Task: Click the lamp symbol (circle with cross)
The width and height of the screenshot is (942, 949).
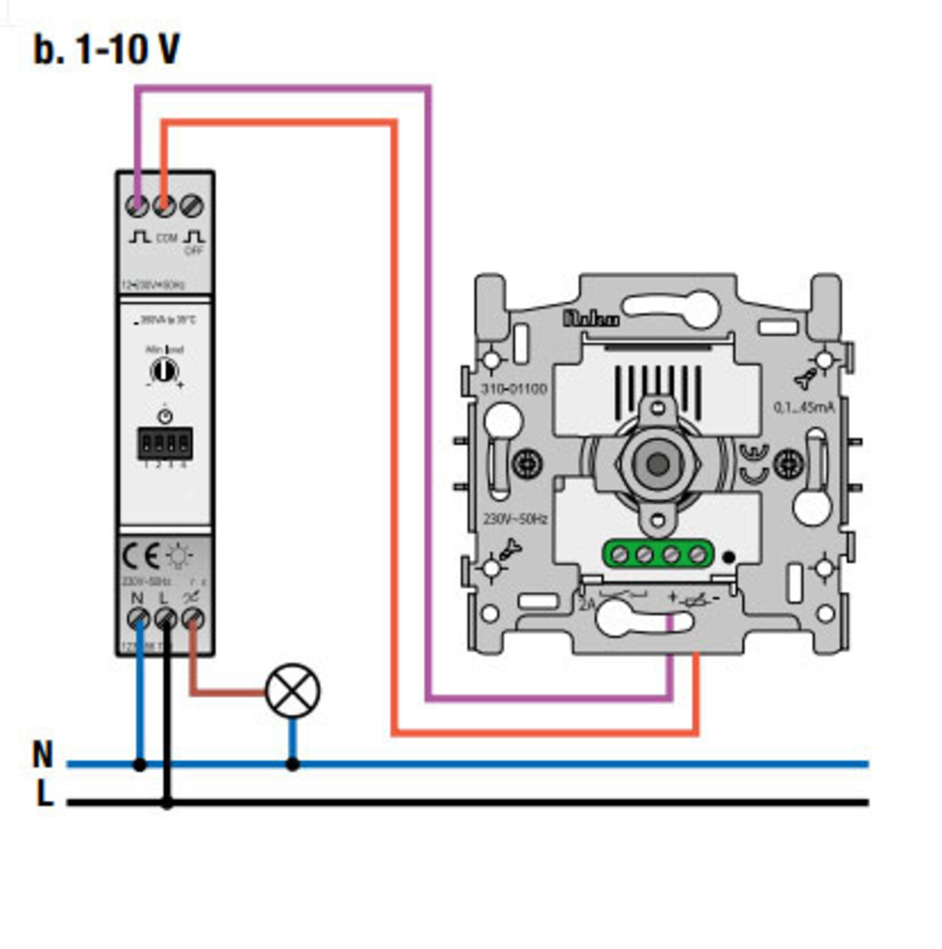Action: pyautogui.click(x=293, y=690)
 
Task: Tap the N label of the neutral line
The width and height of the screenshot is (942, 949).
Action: pyautogui.click(x=43, y=754)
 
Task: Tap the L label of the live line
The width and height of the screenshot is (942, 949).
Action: pyautogui.click(x=44, y=794)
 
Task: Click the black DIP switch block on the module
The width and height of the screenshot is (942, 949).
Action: pyautogui.click(x=165, y=443)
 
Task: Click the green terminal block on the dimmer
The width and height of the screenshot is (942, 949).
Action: pyautogui.click(x=658, y=555)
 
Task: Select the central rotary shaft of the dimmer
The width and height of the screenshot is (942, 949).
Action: pyautogui.click(x=658, y=464)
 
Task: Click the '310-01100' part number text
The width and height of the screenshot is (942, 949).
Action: pyautogui.click(x=514, y=389)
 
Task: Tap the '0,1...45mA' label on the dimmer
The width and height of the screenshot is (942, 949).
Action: pyautogui.click(x=804, y=408)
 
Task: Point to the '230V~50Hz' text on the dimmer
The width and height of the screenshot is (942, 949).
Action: pyautogui.click(x=515, y=519)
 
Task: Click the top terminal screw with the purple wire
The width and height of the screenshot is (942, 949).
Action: pyautogui.click(x=138, y=205)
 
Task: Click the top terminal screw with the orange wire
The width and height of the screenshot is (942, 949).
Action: pyautogui.click(x=165, y=205)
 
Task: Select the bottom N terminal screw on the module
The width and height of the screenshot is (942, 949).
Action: pyautogui.click(x=138, y=619)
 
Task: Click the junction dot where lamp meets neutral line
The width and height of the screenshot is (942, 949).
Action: pyautogui.click(x=293, y=764)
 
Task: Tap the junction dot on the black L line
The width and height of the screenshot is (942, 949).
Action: pyautogui.click(x=166, y=803)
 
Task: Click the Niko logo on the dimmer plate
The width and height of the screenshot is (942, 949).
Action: pyautogui.click(x=591, y=318)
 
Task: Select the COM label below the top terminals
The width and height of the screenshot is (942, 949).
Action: pyautogui.click(x=166, y=238)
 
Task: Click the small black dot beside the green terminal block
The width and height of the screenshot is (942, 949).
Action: pyautogui.click(x=728, y=556)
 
